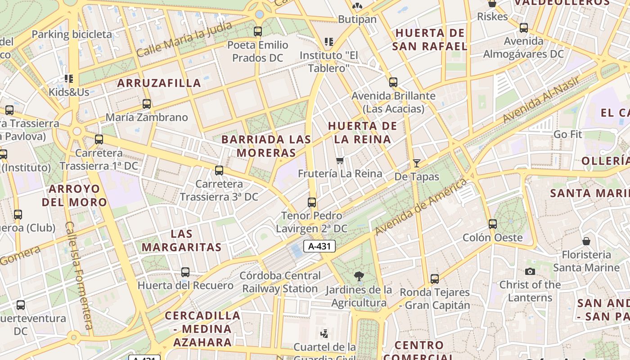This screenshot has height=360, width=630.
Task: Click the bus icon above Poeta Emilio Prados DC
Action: click(x=258, y=31)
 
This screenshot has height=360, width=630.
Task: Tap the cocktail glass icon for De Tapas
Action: click(x=417, y=163)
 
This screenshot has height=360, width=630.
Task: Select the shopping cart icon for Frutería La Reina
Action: click(x=340, y=160)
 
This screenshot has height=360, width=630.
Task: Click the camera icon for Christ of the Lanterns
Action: click(x=530, y=271)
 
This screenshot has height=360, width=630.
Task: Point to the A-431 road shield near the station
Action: click(x=319, y=246)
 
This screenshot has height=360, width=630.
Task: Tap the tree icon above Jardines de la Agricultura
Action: click(x=359, y=276)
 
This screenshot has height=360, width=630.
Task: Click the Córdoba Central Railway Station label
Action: click(x=280, y=282)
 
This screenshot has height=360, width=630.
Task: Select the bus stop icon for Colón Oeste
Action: click(x=493, y=224)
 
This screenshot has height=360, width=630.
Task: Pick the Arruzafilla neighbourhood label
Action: click(x=159, y=83)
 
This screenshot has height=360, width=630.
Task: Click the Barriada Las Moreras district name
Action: click(x=266, y=146)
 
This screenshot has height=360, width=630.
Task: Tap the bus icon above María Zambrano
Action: click(x=146, y=104)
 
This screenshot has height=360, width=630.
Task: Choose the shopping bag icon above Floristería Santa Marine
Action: click(x=586, y=242)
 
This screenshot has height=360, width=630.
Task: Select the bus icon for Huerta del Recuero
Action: click(x=185, y=272)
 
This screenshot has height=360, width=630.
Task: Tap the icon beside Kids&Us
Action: click(x=69, y=79)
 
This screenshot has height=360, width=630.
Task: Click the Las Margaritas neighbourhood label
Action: click(x=182, y=240)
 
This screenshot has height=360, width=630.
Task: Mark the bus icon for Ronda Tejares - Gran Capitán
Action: click(x=434, y=279)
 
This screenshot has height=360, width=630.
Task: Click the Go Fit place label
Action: click(x=567, y=134)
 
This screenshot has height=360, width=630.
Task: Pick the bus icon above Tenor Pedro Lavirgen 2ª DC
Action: click(x=312, y=202)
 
